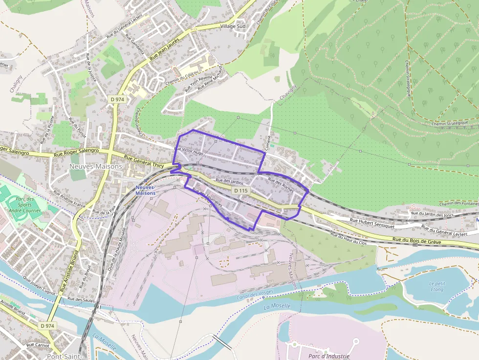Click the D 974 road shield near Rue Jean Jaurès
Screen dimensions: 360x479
coord(117,99)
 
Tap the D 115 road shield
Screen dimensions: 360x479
coord(240,190)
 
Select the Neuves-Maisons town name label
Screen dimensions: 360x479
coord(96,167)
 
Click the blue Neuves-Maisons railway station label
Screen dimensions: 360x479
coord(145,190)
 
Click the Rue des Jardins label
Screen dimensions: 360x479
coord(230,181)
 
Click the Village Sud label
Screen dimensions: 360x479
coord(233,26)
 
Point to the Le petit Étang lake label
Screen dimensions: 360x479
coord(437,286)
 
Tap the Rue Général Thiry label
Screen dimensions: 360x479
coord(144,161)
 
